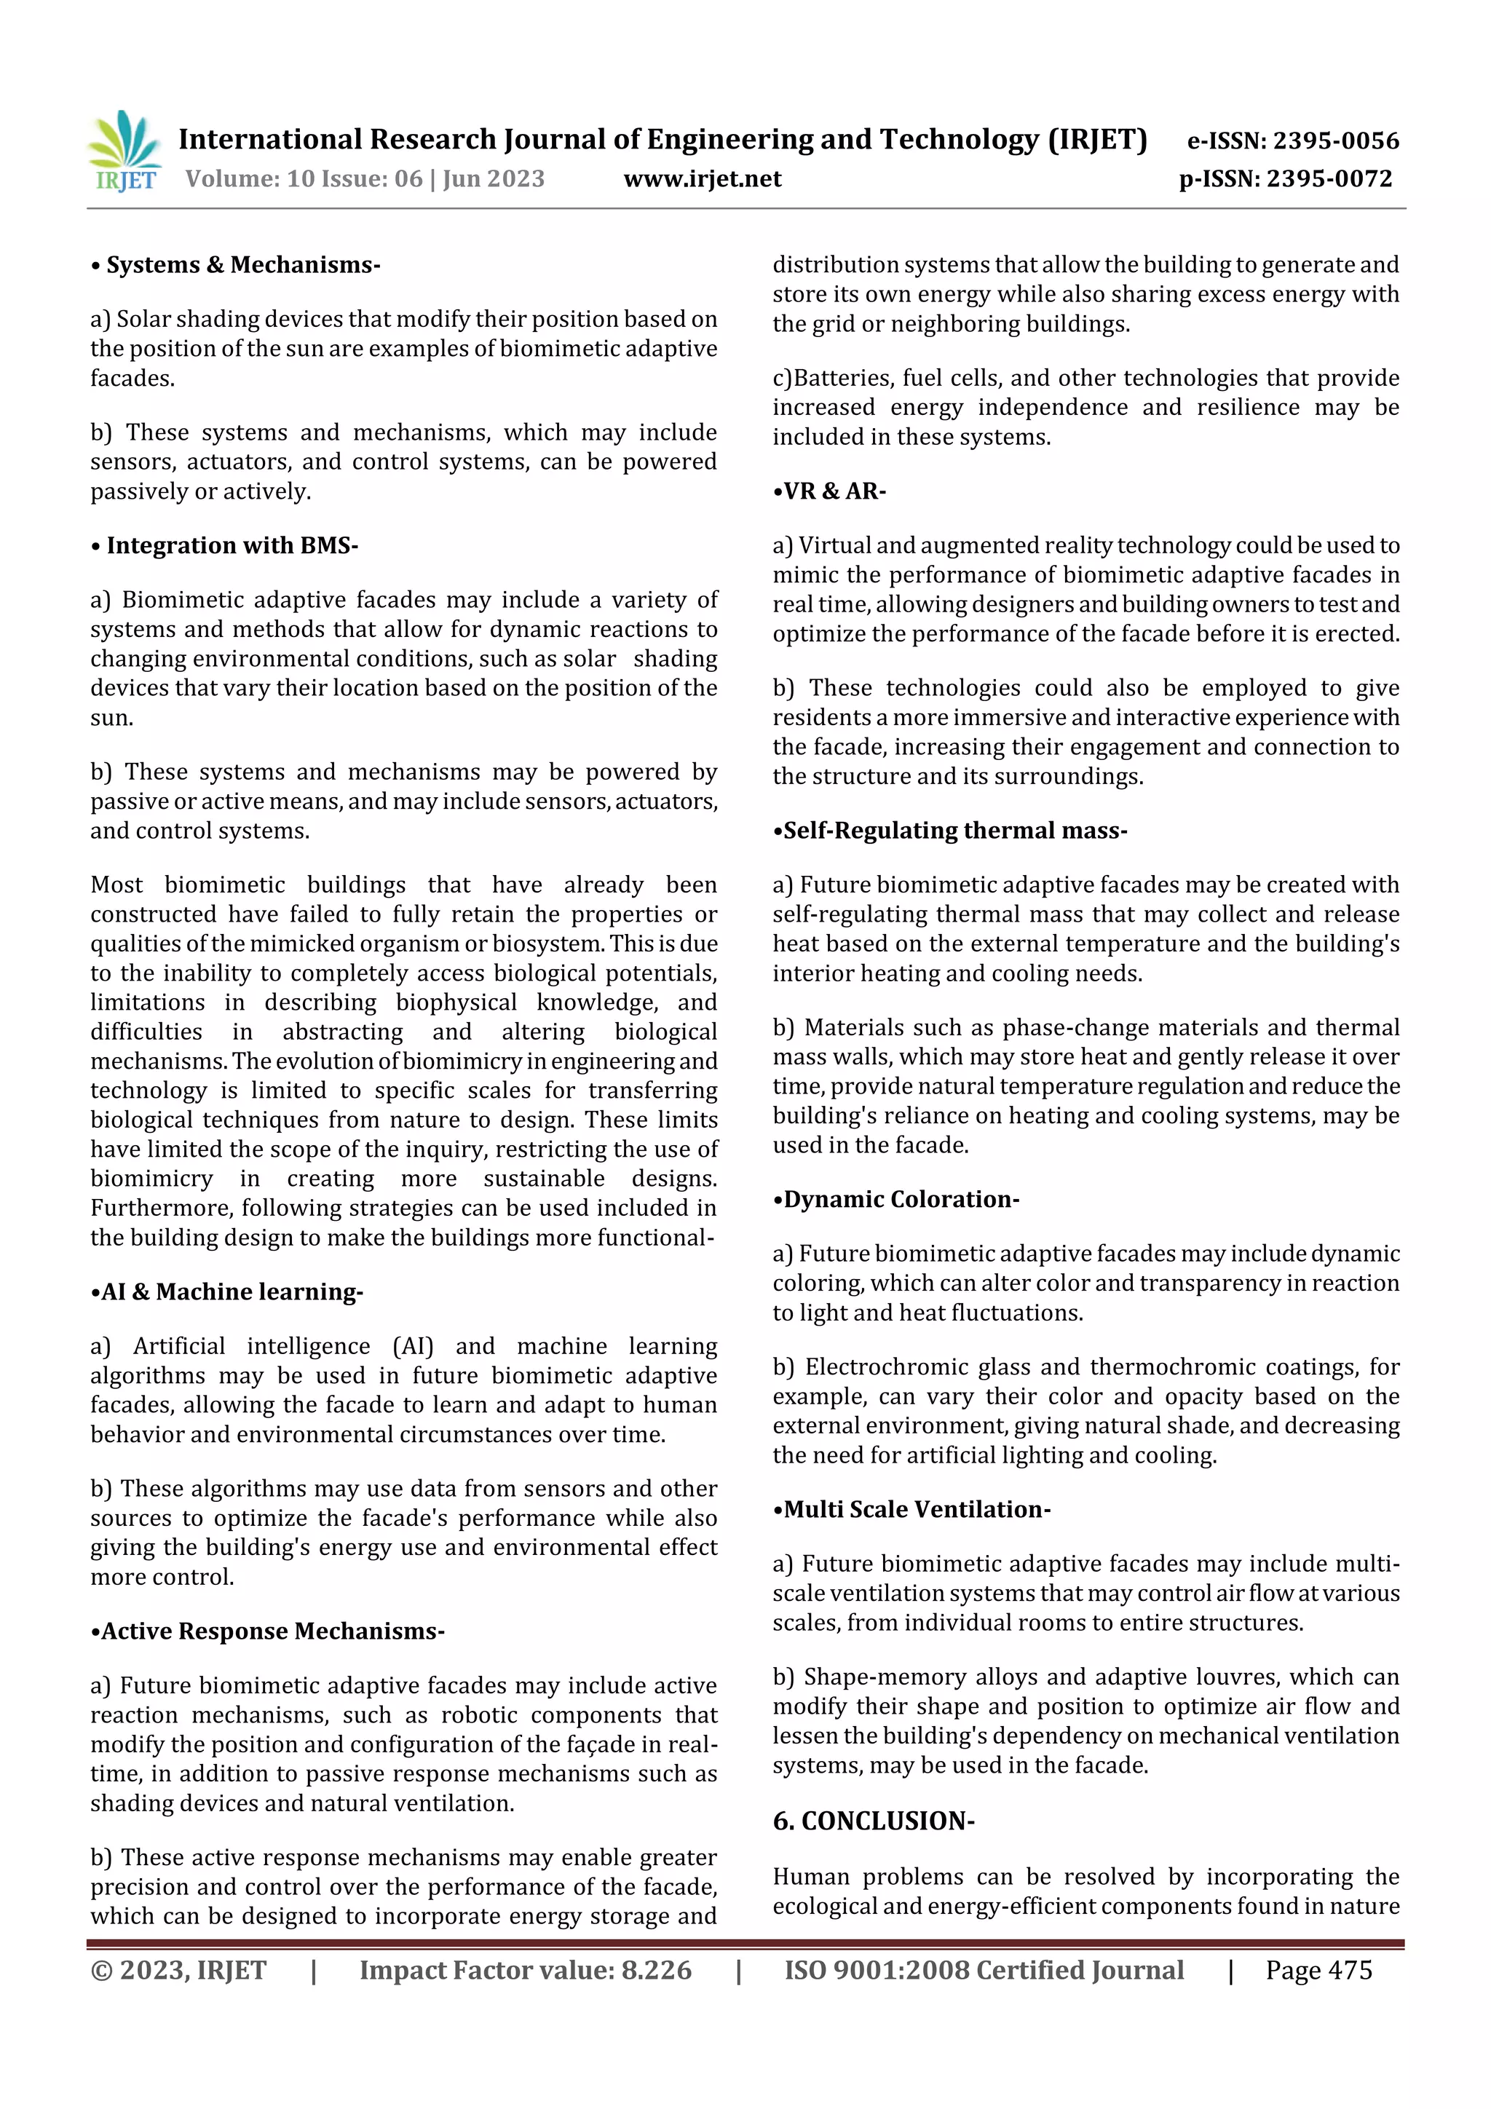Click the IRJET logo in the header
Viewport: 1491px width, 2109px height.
coord(125,151)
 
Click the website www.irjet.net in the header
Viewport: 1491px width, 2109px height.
coord(702,179)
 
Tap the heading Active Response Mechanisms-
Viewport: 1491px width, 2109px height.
coord(267,1631)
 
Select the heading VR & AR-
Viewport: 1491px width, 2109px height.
coord(828,491)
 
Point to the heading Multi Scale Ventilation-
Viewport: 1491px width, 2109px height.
coord(911,1509)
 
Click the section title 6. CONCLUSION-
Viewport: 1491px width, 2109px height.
coord(873,1821)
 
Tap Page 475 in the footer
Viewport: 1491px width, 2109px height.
coord(1318,1970)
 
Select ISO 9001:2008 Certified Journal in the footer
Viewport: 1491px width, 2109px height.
coord(984,1970)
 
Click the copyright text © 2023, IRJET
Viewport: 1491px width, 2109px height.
coord(178,1970)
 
